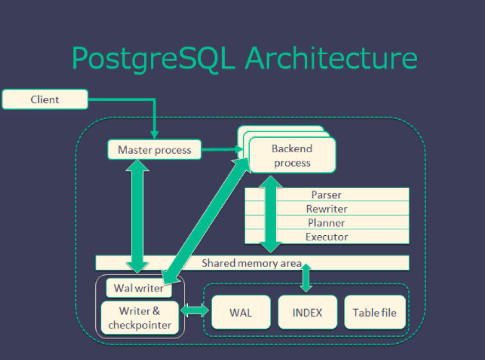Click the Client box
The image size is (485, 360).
(45, 99)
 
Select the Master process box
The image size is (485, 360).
(154, 150)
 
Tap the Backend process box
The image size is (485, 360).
(292, 155)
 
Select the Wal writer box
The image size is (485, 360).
(139, 287)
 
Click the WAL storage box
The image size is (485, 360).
(241, 312)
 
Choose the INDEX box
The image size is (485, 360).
(307, 312)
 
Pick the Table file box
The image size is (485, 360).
(374, 312)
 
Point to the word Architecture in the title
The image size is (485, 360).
(331, 57)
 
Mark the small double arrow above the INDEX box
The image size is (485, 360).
(306, 277)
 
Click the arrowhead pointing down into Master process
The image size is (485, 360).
(154, 135)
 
